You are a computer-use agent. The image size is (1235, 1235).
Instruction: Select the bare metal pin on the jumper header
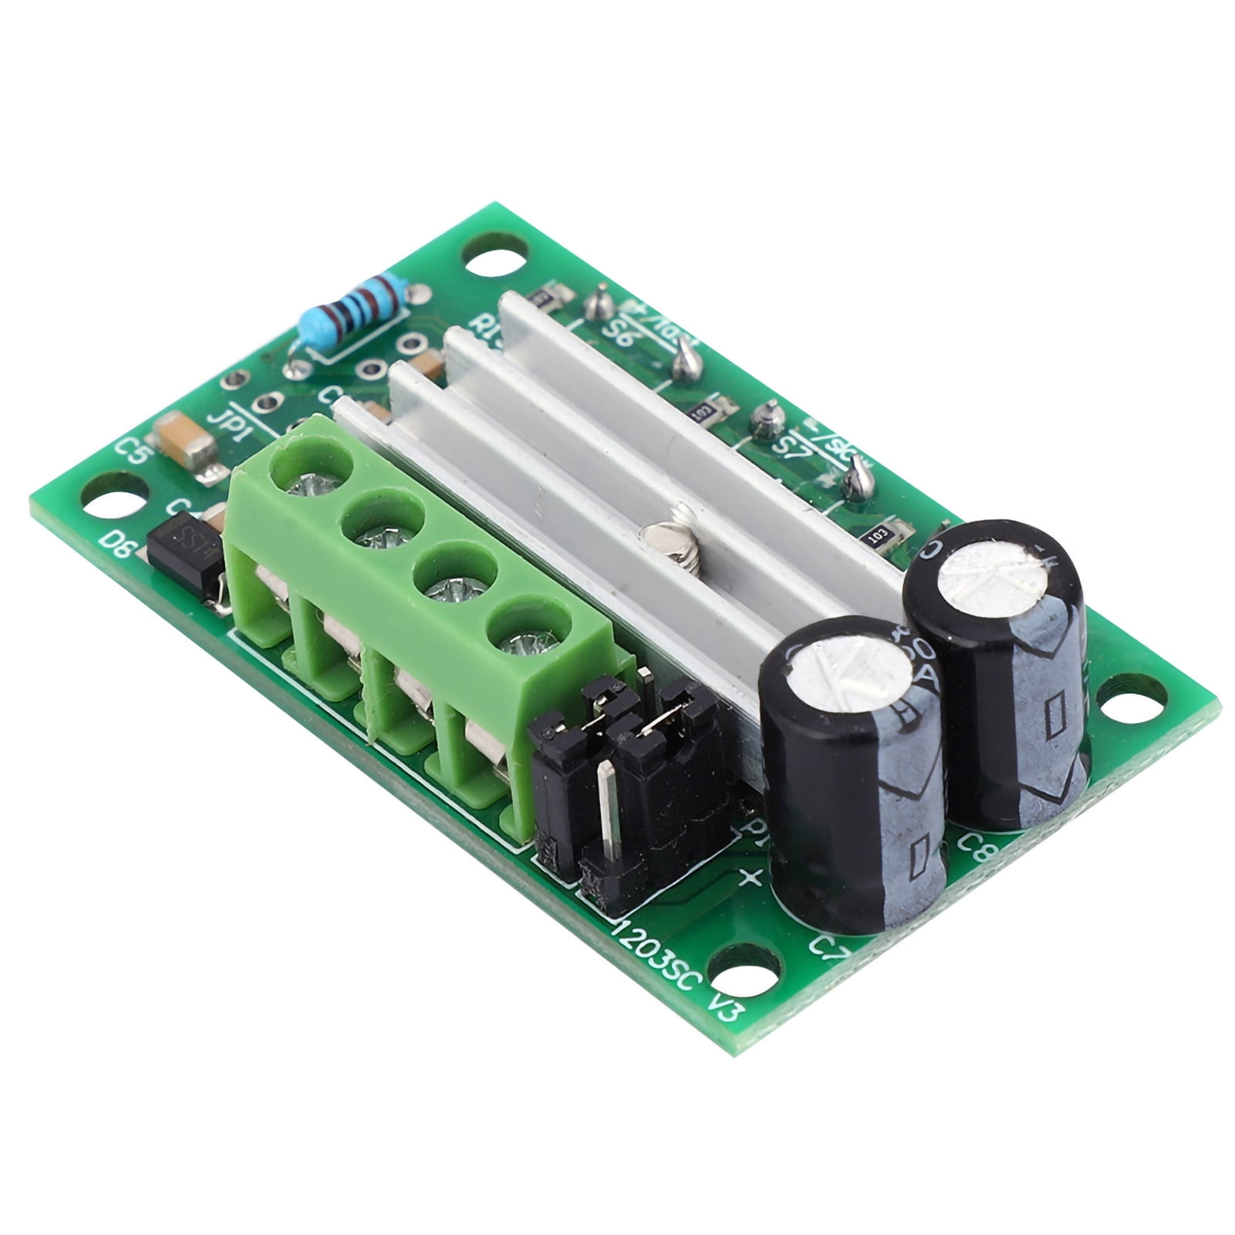[x=609, y=810]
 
